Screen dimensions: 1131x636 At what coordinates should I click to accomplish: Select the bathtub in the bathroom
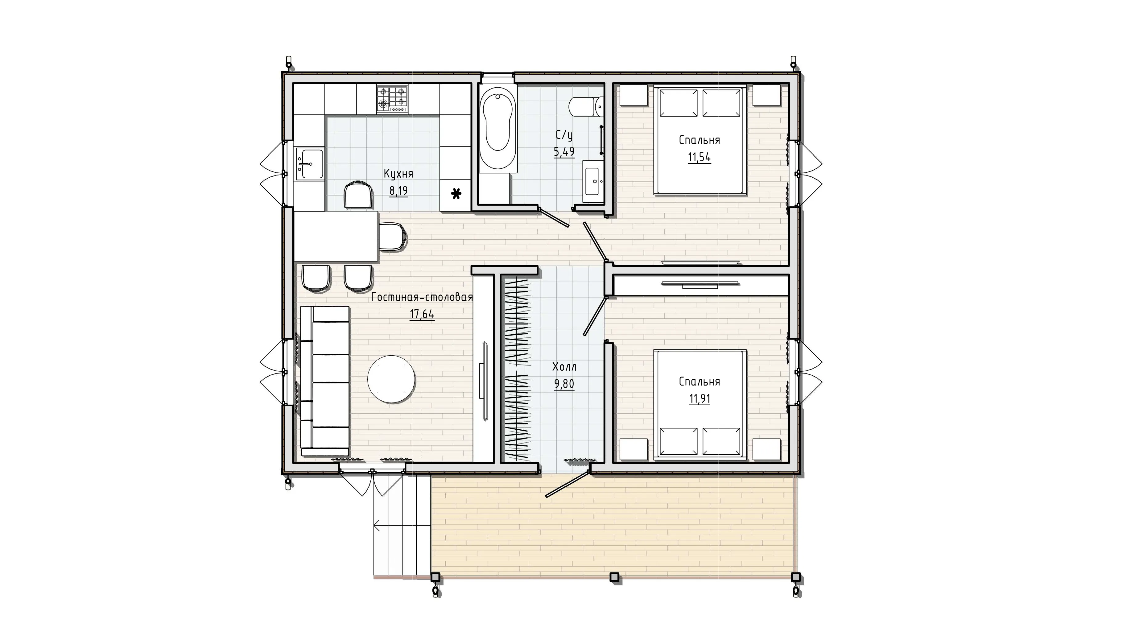pos(498,131)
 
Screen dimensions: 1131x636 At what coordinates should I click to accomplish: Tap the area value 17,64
pos(422,314)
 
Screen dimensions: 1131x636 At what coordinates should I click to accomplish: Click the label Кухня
pos(398,174)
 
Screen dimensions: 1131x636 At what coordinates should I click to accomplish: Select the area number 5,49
pos(564,152)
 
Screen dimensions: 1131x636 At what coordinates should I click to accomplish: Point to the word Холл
pos(564,366)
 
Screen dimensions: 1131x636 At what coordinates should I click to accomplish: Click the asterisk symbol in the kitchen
pos(456,194)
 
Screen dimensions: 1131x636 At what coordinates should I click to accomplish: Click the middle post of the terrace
pos(615,577)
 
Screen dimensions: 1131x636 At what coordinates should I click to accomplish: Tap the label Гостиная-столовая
pos(422,297)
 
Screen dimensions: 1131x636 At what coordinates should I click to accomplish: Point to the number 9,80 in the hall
pos(564,384)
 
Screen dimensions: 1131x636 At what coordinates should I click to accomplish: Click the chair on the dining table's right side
pos(392,237)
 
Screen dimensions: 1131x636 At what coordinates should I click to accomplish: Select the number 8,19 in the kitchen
pos(398,191)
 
